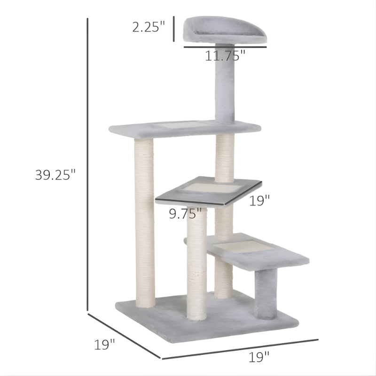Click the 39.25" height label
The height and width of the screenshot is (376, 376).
click(x=55, y=175)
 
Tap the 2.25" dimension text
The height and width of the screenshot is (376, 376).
click(x=149, y=27)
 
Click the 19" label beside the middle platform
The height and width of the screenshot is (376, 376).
click(x=259, y=201)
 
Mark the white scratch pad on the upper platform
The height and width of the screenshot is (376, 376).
click(x=181, y=125)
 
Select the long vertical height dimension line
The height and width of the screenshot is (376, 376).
click(x=88, y=164)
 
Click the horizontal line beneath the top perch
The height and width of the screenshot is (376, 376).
click(x=225, y=47)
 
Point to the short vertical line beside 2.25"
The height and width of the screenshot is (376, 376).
click(x=174, y=28)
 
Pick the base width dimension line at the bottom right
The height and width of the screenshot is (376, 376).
click(x=240, y=349)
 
